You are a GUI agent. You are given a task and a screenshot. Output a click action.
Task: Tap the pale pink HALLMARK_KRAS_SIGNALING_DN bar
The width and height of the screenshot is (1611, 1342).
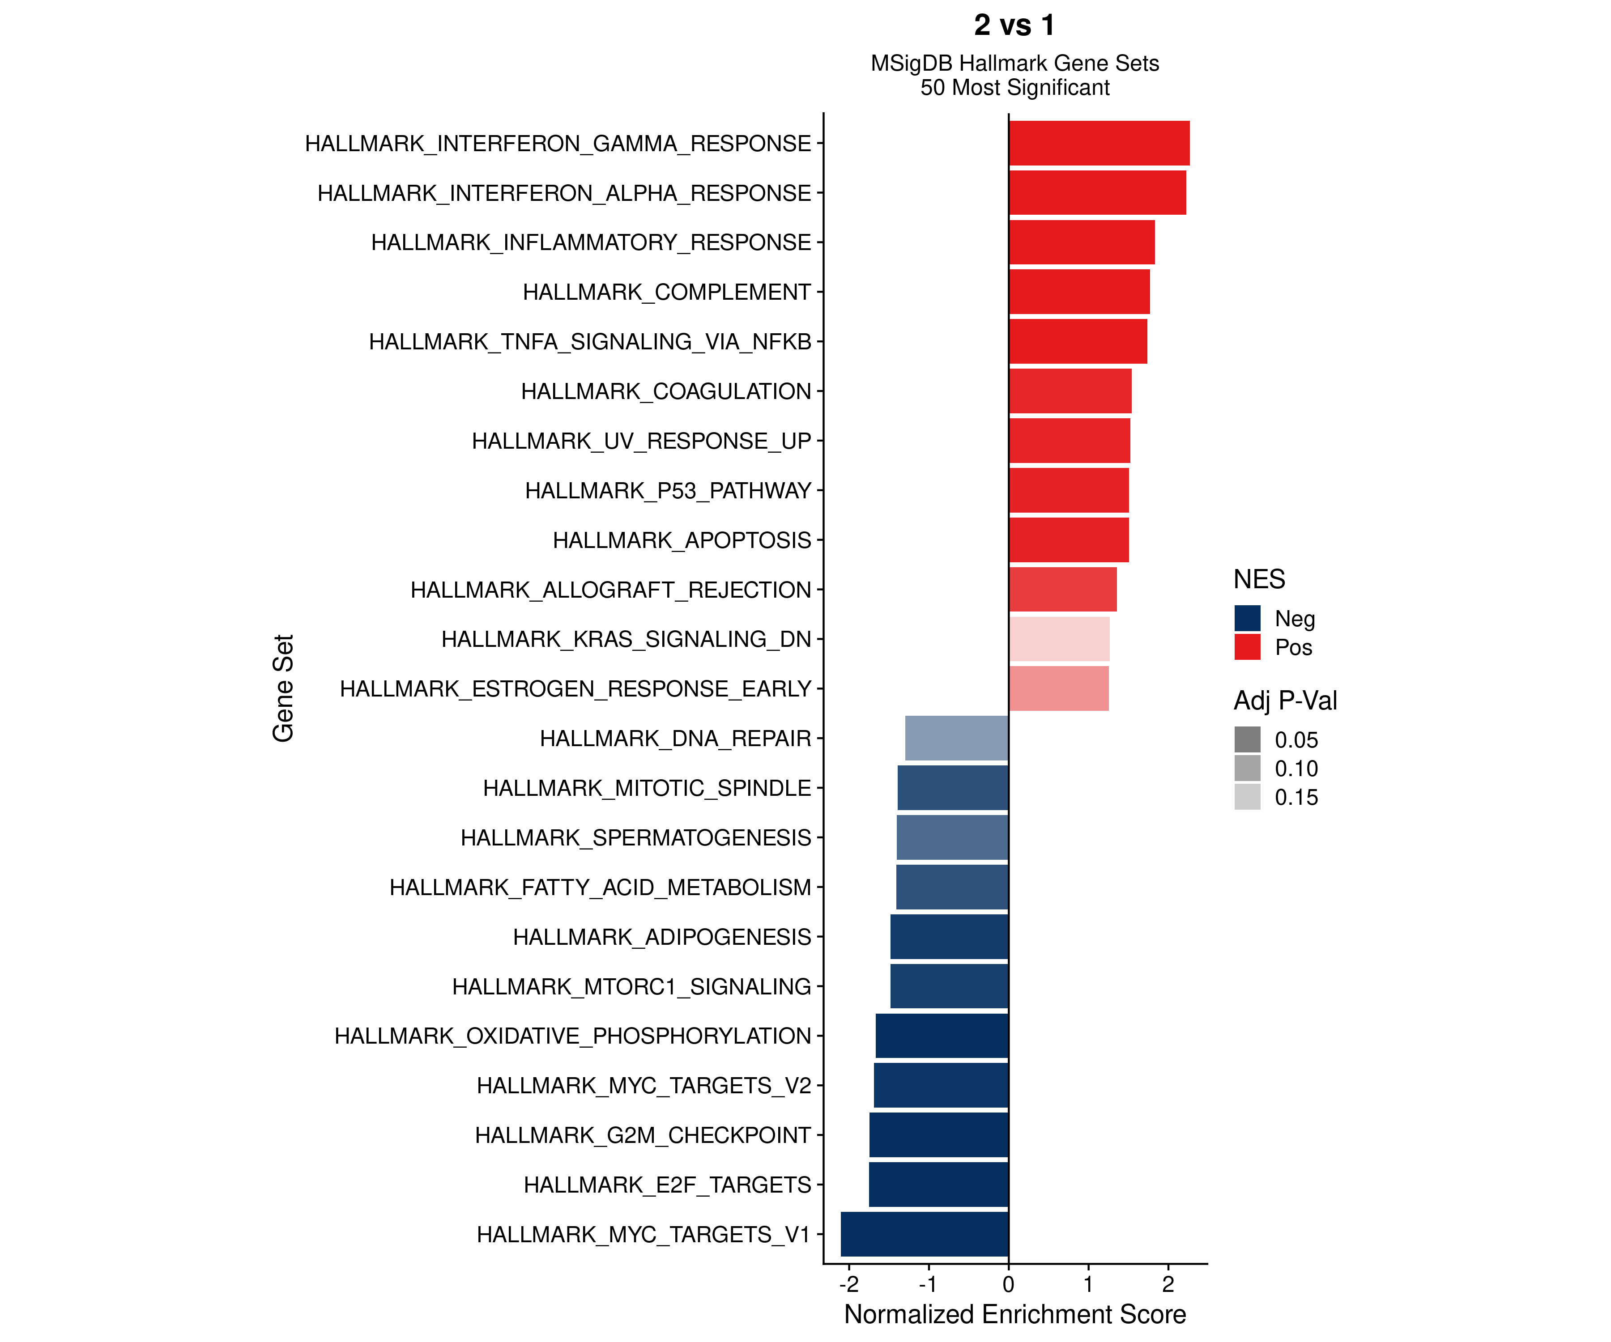[1059, 639]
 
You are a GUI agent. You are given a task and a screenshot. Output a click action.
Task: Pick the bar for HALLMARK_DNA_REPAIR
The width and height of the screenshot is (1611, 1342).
[957, 738]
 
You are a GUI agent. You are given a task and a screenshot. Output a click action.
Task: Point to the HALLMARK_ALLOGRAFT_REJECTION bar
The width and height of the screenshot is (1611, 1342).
[1062, 589]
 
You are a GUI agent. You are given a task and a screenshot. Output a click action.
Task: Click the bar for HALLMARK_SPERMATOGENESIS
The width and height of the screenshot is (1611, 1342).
[952, 837]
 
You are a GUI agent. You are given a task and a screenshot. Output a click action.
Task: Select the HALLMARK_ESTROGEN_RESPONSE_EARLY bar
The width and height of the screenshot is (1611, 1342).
[1059, 688]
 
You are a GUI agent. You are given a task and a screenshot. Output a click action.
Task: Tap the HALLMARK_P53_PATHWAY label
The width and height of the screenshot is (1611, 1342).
[667, 491]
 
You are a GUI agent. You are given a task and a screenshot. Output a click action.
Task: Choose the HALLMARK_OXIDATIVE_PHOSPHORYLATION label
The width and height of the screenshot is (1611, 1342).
[572, 1036]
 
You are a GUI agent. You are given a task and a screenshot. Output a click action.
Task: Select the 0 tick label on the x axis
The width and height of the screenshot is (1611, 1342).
[1008, 1284]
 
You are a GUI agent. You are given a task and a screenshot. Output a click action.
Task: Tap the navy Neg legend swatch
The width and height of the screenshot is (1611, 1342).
[1247, 618]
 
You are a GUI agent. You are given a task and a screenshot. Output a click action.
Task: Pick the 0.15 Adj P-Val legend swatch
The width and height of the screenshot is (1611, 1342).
[1247, 797]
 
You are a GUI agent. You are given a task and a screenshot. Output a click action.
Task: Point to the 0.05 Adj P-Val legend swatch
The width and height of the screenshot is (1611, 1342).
[1247, 739]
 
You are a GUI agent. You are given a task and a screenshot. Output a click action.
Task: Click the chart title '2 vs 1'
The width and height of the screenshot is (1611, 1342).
[1014, 25]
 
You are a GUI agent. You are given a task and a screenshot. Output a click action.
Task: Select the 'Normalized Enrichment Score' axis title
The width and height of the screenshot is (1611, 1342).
[1014, 1314]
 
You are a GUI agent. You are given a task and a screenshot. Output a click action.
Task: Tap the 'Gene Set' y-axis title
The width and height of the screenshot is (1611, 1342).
[283, 688]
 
